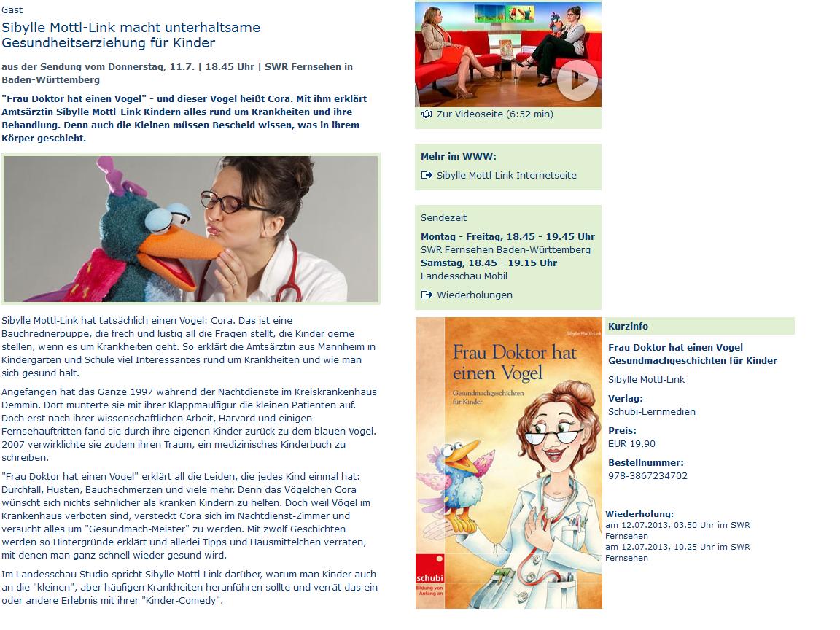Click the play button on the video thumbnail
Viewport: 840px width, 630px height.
tap(577, 84)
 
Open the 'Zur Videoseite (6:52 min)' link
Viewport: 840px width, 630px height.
tap(494, 114)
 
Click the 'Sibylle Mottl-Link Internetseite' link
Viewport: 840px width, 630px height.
tap(506, 176)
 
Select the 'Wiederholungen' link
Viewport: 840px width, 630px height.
tap(474, 295)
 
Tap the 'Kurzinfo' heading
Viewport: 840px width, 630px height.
tap(628, 327)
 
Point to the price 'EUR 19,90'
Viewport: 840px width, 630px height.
tap(631, 444)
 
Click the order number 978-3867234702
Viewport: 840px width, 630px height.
tap(647, 476)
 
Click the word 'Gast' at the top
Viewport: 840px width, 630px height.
tap(12, 10)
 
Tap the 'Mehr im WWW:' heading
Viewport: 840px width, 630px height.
tap(458, 157)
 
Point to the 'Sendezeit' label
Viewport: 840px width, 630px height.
tap(443, 218)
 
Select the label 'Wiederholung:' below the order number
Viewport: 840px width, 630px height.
tap(639, 514)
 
